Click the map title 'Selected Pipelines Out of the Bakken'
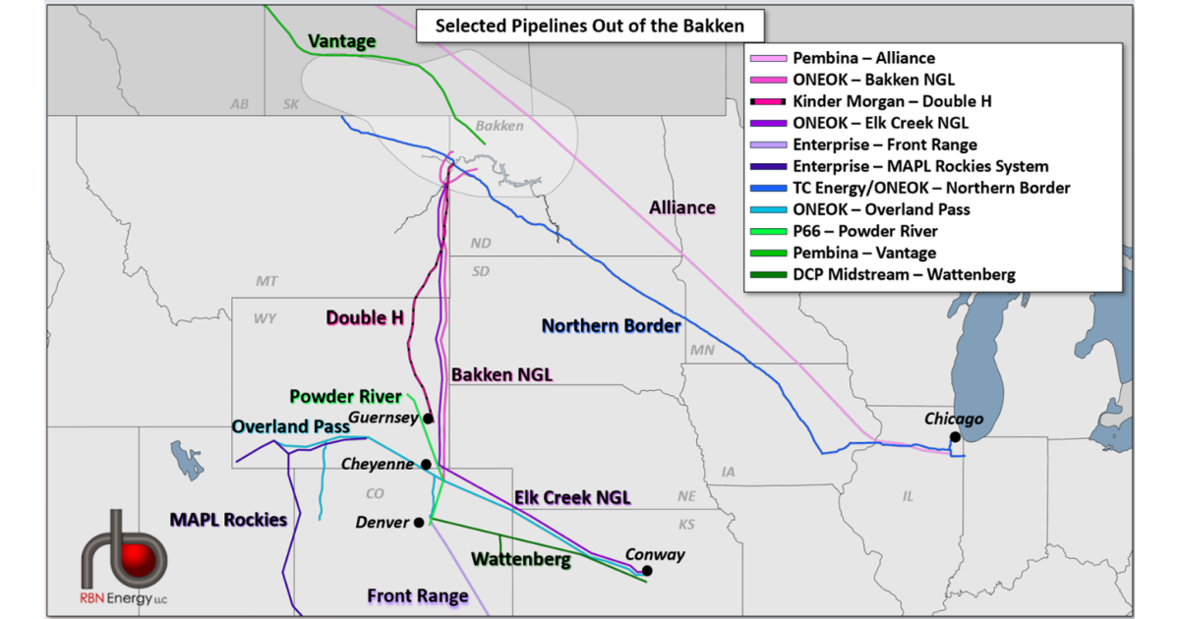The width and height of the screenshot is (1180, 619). point(589,26)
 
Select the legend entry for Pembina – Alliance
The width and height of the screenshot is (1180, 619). point(863,59)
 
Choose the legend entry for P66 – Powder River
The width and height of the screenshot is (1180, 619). point(865,231)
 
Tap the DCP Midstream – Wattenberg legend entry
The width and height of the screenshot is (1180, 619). point(904,274)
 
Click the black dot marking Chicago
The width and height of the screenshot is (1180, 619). point(955,437)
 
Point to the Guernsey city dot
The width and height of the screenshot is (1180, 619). point(429,419)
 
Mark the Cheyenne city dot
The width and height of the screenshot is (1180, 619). point(426,465)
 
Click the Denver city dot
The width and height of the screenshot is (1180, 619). point(420,522)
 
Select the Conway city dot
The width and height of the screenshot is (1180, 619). point(647,571)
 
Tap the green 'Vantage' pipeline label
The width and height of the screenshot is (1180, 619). point(342,41)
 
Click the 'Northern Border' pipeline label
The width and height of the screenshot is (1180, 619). point(611,325)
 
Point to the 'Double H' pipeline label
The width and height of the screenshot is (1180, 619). point(365,317)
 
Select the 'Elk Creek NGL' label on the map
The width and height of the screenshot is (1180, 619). point(572,497)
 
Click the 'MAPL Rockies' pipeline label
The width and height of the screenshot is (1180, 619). point(228,519)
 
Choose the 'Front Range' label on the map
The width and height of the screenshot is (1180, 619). point(418,595)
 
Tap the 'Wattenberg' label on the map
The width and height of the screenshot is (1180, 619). point(520,559)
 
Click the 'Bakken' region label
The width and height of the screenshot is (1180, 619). point(500,126)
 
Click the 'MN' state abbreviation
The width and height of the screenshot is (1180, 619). point(702,349)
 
